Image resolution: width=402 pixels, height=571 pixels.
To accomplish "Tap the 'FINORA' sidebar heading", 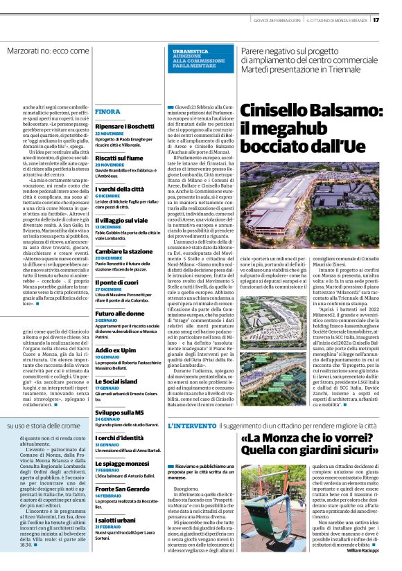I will tap(107, 111).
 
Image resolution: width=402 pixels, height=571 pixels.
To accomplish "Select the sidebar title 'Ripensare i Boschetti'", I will tap(125, 127).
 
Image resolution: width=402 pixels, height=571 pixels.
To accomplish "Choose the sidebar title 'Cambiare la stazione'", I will tap(125, 251).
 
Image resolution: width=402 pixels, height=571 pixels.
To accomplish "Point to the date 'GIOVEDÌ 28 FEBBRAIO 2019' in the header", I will tap(273, 19).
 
